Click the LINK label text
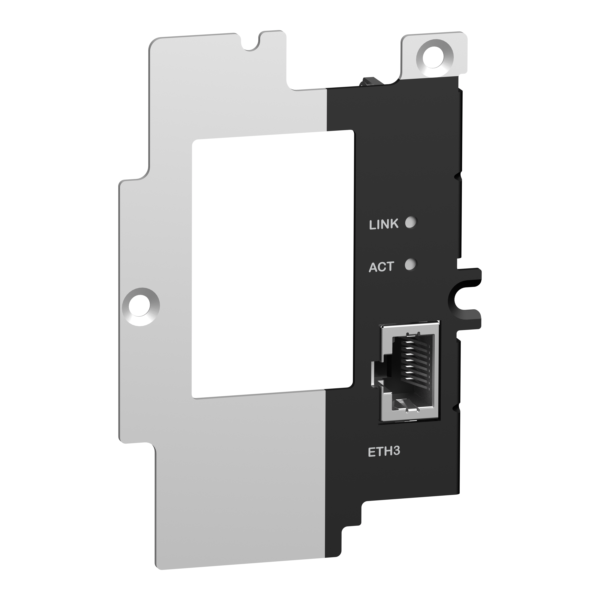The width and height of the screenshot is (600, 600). pyautogui.click(x=383, y=224)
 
